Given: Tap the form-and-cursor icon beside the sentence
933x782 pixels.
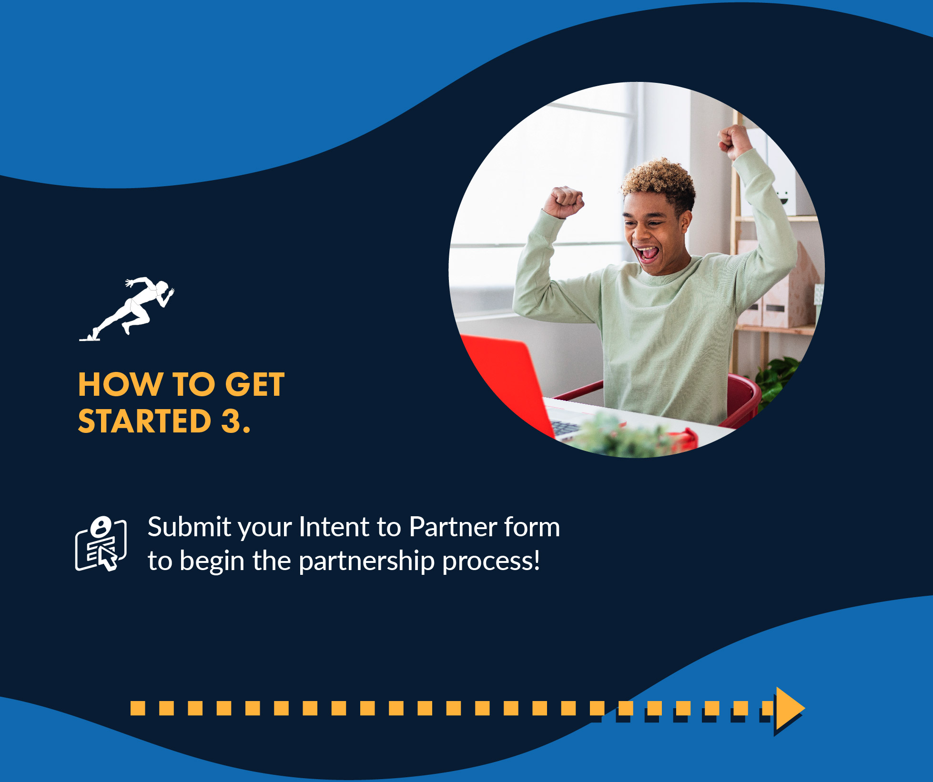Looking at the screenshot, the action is (x=101, y=543).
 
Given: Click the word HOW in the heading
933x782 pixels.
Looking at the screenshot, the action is (x=121, y=384).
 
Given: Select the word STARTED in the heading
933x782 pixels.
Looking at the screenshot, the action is (x=144, y=421).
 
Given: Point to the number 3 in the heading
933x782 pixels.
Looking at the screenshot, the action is (x=231, y=421).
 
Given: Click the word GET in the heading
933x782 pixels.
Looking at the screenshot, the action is (x=255, y=384).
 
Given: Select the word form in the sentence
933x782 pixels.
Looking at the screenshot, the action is (x=532, y=527).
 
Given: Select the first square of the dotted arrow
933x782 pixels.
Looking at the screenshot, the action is (x=138, y=708).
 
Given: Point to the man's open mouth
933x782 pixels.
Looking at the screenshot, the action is (x=647, y=253).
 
